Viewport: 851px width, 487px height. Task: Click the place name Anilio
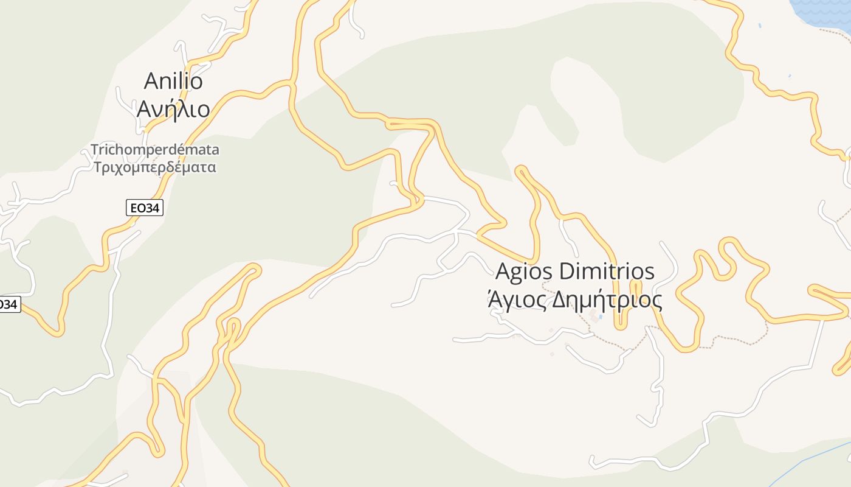173,80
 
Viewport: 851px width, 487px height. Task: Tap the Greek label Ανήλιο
173,109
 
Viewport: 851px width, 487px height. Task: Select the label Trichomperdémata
155,149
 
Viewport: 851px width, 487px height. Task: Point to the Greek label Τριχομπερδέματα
155,167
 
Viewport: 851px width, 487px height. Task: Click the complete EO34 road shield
145,208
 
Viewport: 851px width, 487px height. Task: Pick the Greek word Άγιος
515,300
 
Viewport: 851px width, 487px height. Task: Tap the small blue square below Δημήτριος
601,317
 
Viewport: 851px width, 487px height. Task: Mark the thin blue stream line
808,463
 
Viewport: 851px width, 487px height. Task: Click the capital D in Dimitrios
567,272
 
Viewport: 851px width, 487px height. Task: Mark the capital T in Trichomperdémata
95,149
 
